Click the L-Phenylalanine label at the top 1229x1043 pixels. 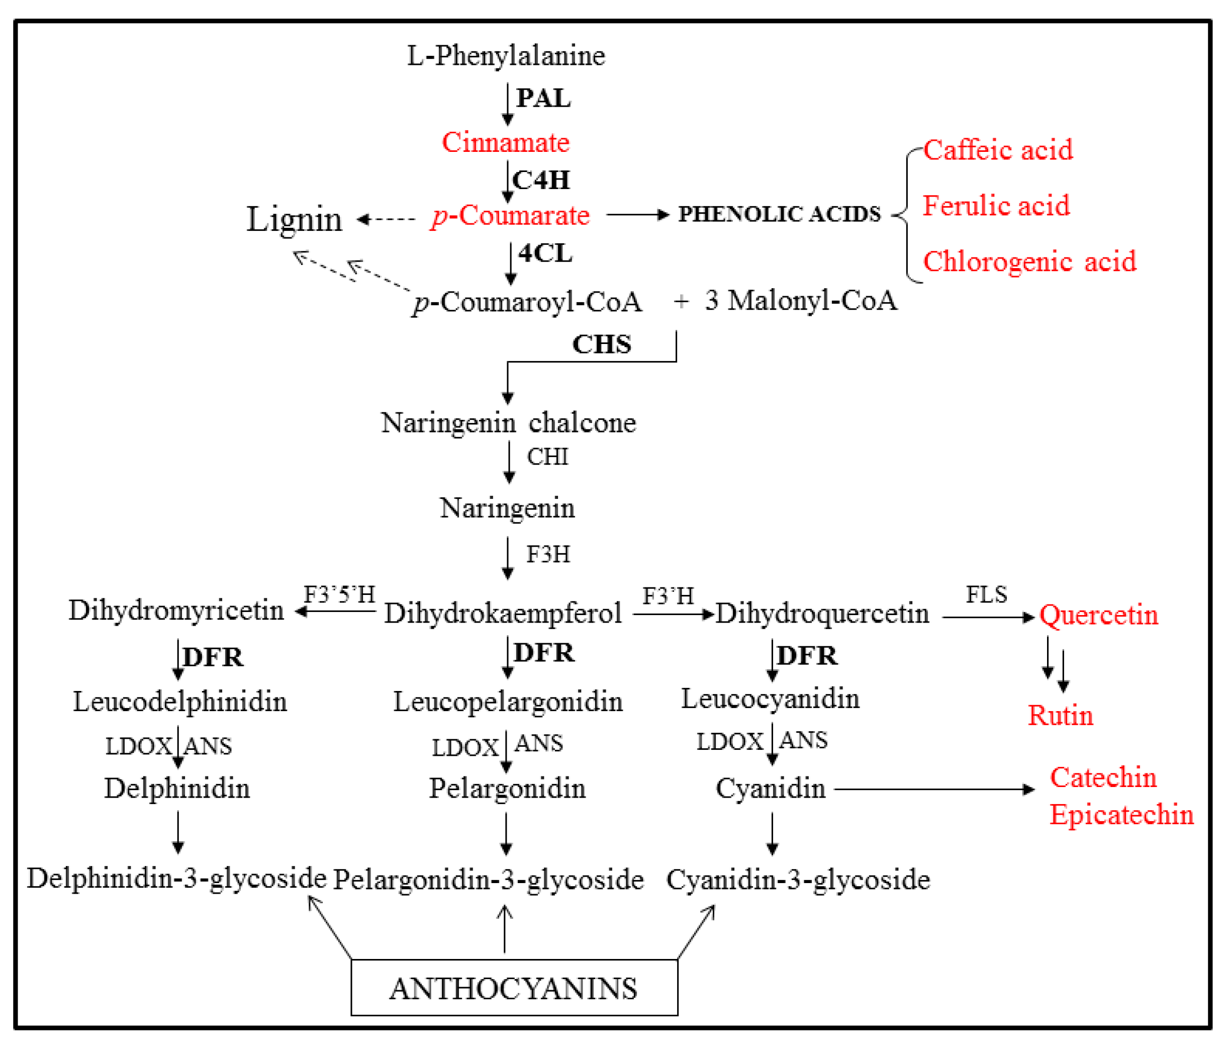pyautogui.click(x=506, y=56)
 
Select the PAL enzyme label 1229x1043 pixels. pyautogui.click(x=543, y=98)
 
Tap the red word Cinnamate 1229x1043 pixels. pyautogui.click(x=506, y=142)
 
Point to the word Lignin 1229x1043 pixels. pyautogui.click(x=294, y=219)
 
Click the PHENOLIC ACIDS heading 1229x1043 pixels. pyautogui.click(x=779, y=214)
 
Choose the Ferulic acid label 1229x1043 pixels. pyautogui.click(x=996, y=206)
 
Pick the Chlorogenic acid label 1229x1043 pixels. pyautogui.click(x=1029, y=262)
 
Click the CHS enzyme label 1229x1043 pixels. pyautogui.click(x=602, y=344)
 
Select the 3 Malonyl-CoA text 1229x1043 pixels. pyautogui.click(x=801, y=300)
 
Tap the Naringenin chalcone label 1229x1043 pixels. pyautogui.click(x=508, y=423)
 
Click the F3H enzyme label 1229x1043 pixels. pyautogui.click(x=548, y=554)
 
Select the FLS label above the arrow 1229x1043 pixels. pyautogui.click(x=986, y=594)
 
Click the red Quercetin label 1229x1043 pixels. pyautogui.click(x=1098, y=615)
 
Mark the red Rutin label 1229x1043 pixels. pyautogui.click(x=1060, y=716)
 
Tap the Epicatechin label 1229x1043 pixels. pyautogui.click(x=1121, y=815)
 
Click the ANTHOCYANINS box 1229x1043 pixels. pyautogui.click(x=513, y=988)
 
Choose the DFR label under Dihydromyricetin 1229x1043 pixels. pyautogui.click(x=213, y=657)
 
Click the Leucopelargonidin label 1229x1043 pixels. pyautogui.click(x=508, y=702)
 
